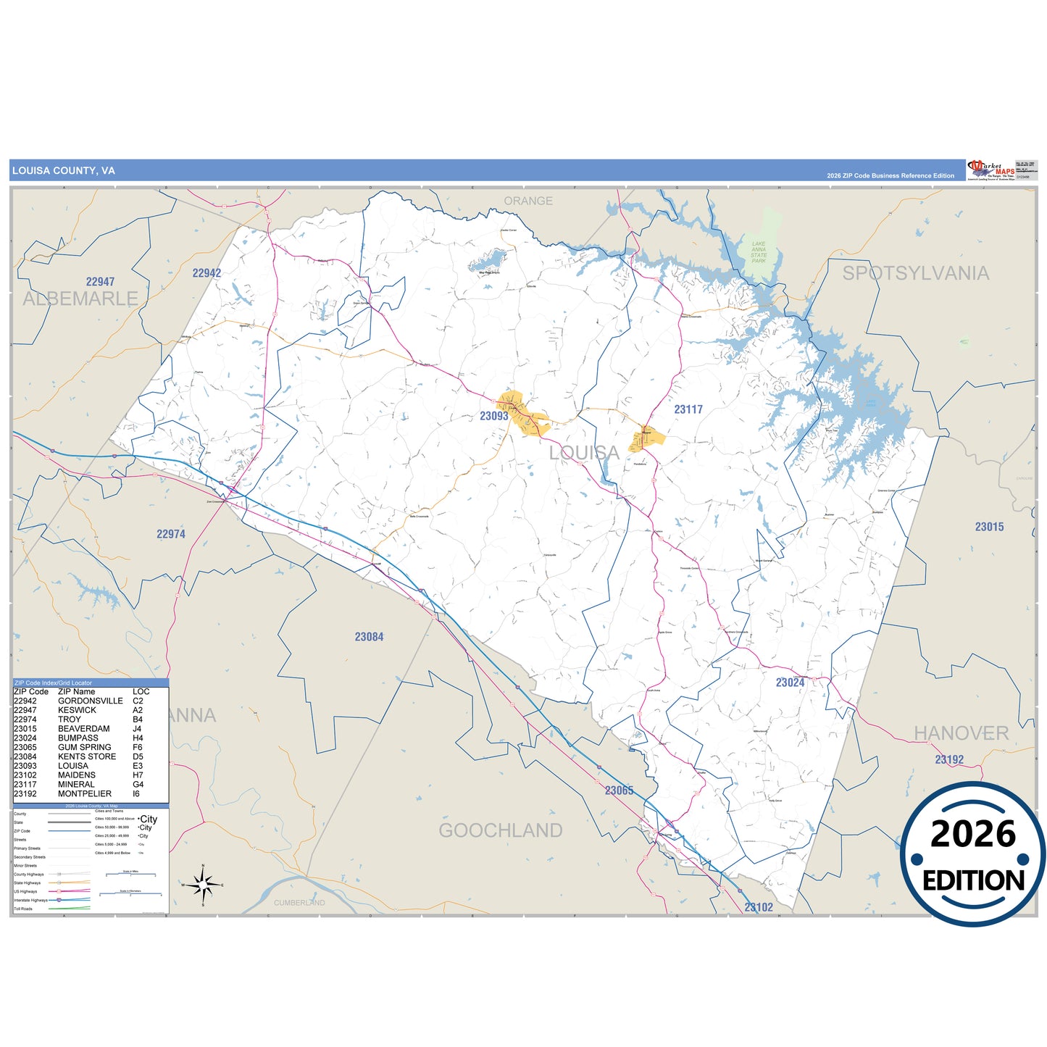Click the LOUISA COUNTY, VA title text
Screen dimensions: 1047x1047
[x=63, y=171]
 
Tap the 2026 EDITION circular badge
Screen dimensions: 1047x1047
[x=972, y=854]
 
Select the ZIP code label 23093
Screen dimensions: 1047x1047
[x=493, y=416]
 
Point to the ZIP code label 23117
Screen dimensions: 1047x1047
[x=688, y=409]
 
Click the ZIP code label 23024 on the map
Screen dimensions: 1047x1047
[x=790, y=683]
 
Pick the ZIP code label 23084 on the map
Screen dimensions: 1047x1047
[x=369, y=637]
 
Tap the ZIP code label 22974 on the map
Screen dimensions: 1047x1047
[x=171, y=534]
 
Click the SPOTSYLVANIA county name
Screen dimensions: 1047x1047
[x=915, y=273]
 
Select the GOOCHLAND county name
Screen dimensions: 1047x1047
[x=500, y=830]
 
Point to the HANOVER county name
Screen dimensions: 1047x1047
[x=961, y=733]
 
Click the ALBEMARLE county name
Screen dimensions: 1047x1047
[x=80, y=299]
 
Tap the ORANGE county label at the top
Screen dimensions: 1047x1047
[x=528, y=201]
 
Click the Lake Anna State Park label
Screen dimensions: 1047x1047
[x=759, y=252]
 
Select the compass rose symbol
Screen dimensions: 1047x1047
[x=203, y=885]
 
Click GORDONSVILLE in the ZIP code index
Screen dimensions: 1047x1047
[x=91, y=701]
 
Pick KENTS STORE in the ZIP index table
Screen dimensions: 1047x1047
[x=87, y=756]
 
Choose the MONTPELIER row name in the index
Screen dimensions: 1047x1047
[x=85, y=793]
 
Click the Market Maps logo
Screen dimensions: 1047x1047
[x=990, y=170]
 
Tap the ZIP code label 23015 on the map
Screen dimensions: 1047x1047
[x=989, y=527]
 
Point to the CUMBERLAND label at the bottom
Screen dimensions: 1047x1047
[x=299, y=903]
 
